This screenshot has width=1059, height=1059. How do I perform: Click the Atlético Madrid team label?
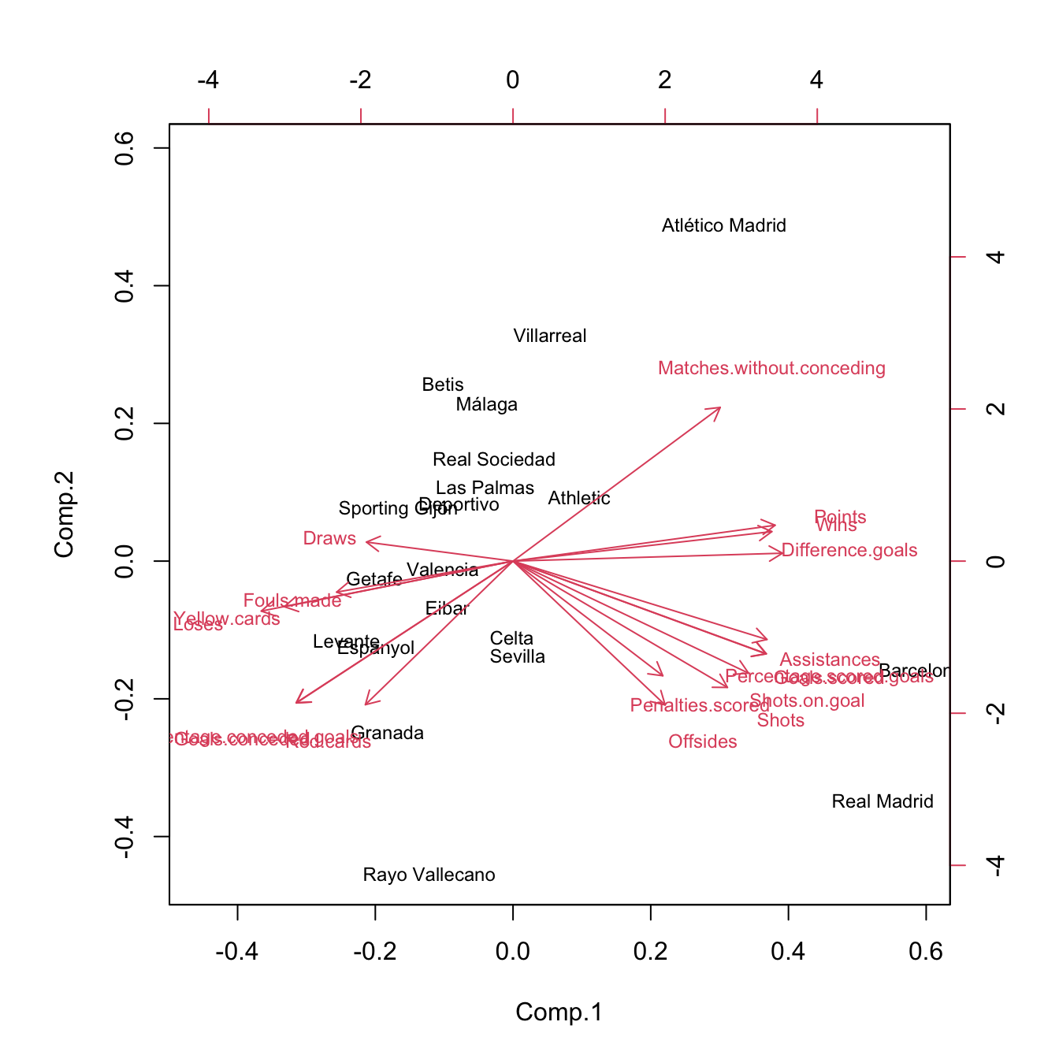click(723, 226)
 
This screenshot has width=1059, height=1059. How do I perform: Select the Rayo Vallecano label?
click(429, 875)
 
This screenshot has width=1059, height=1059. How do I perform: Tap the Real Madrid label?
click(882, 802)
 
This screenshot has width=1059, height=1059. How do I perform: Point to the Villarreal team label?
click(550, 336)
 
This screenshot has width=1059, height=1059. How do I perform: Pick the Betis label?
click(443, 385)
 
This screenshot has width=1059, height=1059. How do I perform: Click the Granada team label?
click(388, 734)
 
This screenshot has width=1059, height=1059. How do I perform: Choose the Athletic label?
click(579, 499)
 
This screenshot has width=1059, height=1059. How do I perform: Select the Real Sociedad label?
click(494, 460)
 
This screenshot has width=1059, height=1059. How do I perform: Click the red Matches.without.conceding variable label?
click(771, 369)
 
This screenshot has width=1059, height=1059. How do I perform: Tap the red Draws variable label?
click(329, 539)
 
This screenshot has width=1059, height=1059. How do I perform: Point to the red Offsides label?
click(703, 742)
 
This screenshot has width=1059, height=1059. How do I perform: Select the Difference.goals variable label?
click(849, 551)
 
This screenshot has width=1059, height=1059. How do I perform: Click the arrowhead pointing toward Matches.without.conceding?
click(719, 409)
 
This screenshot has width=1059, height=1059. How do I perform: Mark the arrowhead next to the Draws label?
click(369, 541)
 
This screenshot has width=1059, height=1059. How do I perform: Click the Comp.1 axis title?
click(559, 1013)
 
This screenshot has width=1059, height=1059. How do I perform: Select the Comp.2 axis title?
click(65, 515)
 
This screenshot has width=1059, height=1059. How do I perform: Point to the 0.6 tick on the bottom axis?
click(926, 953)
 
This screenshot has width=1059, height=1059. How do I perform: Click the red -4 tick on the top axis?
click(208, 80)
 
